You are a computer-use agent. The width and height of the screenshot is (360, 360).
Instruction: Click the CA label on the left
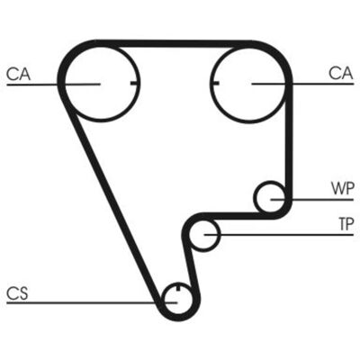[x=19, y=74]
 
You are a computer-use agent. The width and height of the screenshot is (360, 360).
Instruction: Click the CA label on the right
[x=340, y=73]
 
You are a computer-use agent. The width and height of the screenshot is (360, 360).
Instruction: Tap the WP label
[x=343, y=188]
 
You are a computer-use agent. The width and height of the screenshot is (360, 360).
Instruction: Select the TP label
[x=346, y=224]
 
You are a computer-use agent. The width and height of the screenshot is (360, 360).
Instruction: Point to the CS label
[x=17, y=293]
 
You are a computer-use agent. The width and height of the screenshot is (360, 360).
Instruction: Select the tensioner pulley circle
[x=204, y=251]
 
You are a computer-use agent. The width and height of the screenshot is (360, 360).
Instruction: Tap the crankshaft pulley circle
[x=177, y=314]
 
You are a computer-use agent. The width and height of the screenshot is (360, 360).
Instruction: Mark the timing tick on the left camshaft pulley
[x=135, y=83]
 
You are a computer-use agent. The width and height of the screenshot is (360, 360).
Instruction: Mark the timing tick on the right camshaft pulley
[x=215, y=83]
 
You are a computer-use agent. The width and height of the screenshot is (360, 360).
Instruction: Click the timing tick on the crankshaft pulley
[x=178, y=287]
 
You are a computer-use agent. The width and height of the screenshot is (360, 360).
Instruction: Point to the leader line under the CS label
[x=92, y=302]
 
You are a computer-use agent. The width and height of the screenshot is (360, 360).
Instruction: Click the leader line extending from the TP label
[x=279, y=235]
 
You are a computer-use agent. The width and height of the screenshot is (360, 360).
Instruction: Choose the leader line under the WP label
[x=312, y=199]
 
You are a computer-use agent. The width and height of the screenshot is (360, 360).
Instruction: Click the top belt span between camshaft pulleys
[x=174, y=43]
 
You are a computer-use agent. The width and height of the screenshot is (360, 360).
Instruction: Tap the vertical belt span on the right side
[x=289, y=141]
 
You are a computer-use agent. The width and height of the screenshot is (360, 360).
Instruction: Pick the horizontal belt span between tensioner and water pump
[x=237, y=216]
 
